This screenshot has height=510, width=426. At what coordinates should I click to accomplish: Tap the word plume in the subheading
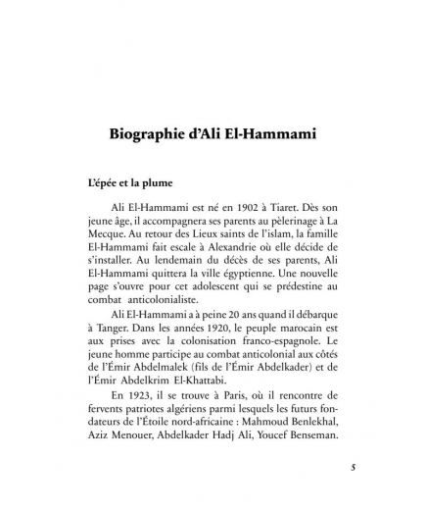pos(138,183)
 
